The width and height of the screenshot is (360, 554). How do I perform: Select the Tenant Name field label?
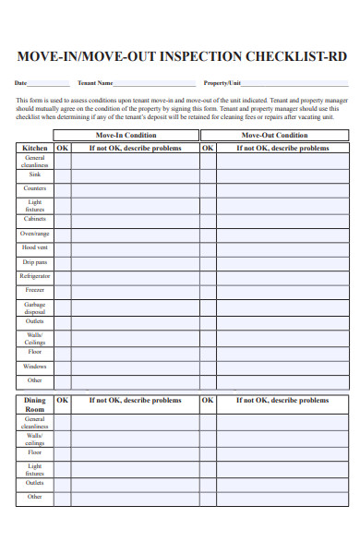tap(96, 82)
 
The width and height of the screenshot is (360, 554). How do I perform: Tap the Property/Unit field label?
tap(222, 82)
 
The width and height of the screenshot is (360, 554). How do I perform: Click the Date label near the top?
tap(21, 82)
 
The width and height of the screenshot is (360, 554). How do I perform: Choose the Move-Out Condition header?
tap(274, 135)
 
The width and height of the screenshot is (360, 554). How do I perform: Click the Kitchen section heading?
tap(35, 148)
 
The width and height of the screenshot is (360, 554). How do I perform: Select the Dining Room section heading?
tap(35, 404)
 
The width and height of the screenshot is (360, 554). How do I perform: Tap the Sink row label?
tap(35, 174)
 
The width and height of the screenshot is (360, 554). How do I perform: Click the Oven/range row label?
tap(35, 234)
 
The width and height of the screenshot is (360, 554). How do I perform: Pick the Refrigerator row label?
tap(35, 276)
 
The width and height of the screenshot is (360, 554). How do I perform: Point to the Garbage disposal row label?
tap(35, 308)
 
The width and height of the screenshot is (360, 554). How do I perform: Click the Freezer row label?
tap(35, 290)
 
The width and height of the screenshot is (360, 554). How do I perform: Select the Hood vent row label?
tap(35, 247)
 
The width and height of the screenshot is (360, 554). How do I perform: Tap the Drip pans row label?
tap(35, 262)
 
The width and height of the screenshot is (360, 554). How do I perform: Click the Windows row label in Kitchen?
tap(35, 366)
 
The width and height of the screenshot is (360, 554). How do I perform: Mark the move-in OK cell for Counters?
tap(62, 188)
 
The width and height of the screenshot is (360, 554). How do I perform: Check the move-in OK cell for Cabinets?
tap(62, 220)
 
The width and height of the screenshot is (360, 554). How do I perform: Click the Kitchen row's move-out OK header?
tap(208, 148)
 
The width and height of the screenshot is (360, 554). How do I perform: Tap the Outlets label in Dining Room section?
tap(35, 482)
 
